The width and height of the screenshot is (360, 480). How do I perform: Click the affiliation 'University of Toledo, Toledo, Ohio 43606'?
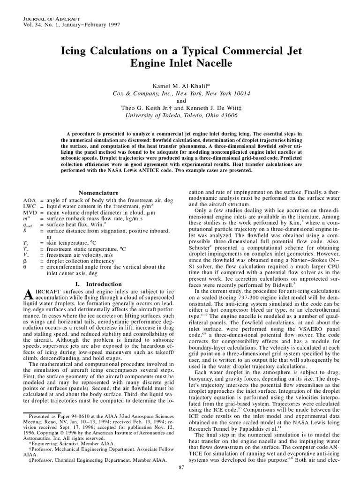click(x=180, y=115)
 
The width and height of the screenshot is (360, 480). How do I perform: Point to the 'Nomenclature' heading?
click(x=98, y=192)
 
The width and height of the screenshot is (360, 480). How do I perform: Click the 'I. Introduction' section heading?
click(x=98, y=284)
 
